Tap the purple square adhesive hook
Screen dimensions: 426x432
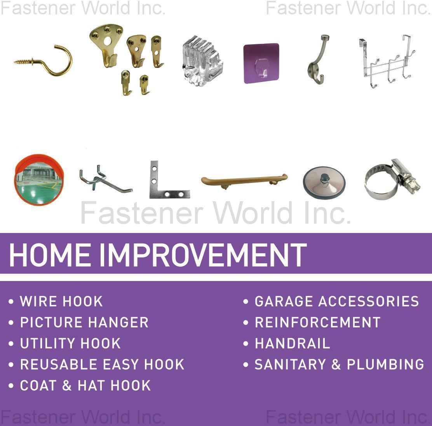tap(261, 63)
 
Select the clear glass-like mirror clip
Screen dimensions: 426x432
tap(202, 61)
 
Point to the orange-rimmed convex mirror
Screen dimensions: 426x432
tap(39, 179)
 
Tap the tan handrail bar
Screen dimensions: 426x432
tap(244, 180)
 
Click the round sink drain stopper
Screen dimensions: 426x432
tap(324, 183)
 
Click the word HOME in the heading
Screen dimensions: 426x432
tap(51, 256)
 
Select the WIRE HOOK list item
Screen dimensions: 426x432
tap(61, 301)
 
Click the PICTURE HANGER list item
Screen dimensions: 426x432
tap(84, 322)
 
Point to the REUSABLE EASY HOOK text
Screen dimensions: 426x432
tap(102, 364)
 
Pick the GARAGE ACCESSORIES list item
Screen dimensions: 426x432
tap(337, 301)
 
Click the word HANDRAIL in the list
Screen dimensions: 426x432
tap(292, 343)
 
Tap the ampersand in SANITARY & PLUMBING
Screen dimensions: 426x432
tap(336, 364)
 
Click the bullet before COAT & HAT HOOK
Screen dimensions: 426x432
tap(11, 386)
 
